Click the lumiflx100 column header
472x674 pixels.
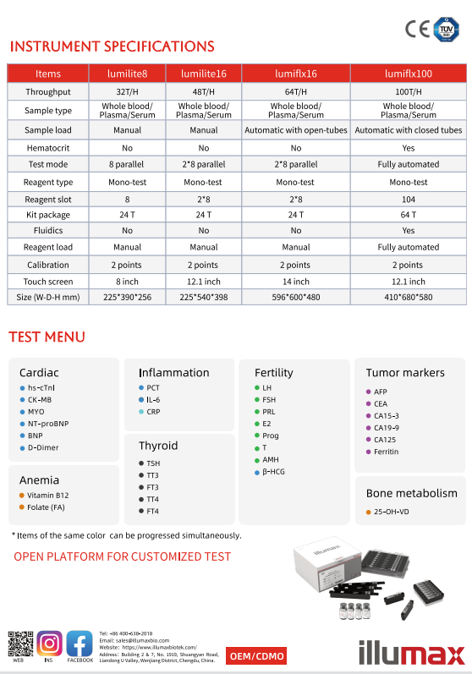coord(409,74)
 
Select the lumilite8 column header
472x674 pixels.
coord(128,74)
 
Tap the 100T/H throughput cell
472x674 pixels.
coord(409,91)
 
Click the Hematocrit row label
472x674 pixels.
coord(48,147)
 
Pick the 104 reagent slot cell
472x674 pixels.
coord(409,199)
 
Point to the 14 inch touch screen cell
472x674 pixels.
coord(296,281)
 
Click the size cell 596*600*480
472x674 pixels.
coord(296,297)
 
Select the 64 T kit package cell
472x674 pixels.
coord(409,215)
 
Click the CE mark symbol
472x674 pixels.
coord(417,29)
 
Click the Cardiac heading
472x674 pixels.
coord(40,372)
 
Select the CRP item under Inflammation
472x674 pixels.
coord(153,411)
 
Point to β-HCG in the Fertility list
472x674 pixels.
coord(274,471)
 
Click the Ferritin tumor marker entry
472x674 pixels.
coord(386,452)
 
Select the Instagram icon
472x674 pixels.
coord(49,644)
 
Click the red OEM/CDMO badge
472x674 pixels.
coord(258,656)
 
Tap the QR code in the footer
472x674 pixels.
coord(19,644)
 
